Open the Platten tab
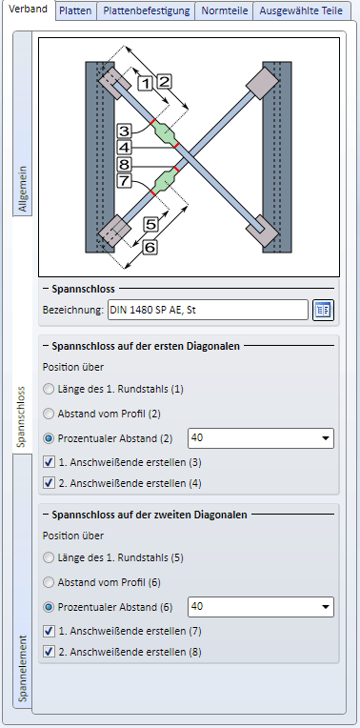76,10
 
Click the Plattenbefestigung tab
146,10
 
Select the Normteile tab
224,10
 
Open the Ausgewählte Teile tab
301,10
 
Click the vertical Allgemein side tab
23,189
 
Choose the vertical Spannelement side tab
23,668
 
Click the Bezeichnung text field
208,310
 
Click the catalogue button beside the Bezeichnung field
323,310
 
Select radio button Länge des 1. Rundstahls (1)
49,389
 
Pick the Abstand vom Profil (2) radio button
49,414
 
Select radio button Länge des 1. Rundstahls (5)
49,557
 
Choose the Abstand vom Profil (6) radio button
49,582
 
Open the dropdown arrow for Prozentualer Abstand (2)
326,438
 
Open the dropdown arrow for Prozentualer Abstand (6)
326,607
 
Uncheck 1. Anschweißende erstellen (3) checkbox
49,462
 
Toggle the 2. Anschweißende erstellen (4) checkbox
49,483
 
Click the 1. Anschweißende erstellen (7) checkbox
49,631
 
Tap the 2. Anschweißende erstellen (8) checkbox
49,652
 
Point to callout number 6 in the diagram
150,248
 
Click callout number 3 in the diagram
124,131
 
